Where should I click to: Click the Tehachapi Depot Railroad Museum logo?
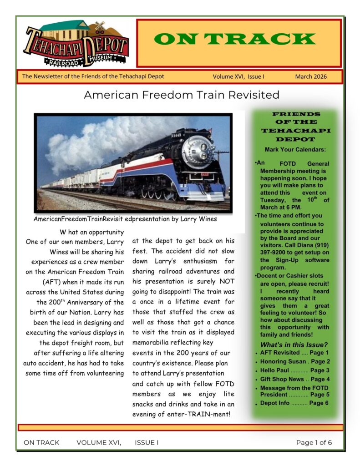(76, 44)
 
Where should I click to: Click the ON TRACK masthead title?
(238, 39)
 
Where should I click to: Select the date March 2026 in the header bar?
(310, 76)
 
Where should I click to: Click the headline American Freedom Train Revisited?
(182, 95)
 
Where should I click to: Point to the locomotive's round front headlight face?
(197, 149)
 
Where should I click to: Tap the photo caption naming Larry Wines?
(125, 219)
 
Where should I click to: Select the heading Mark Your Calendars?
(295, 150)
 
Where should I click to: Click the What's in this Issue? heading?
(294, 344)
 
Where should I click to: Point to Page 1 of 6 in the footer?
(314, 442)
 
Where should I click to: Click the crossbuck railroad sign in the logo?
(100, 26)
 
